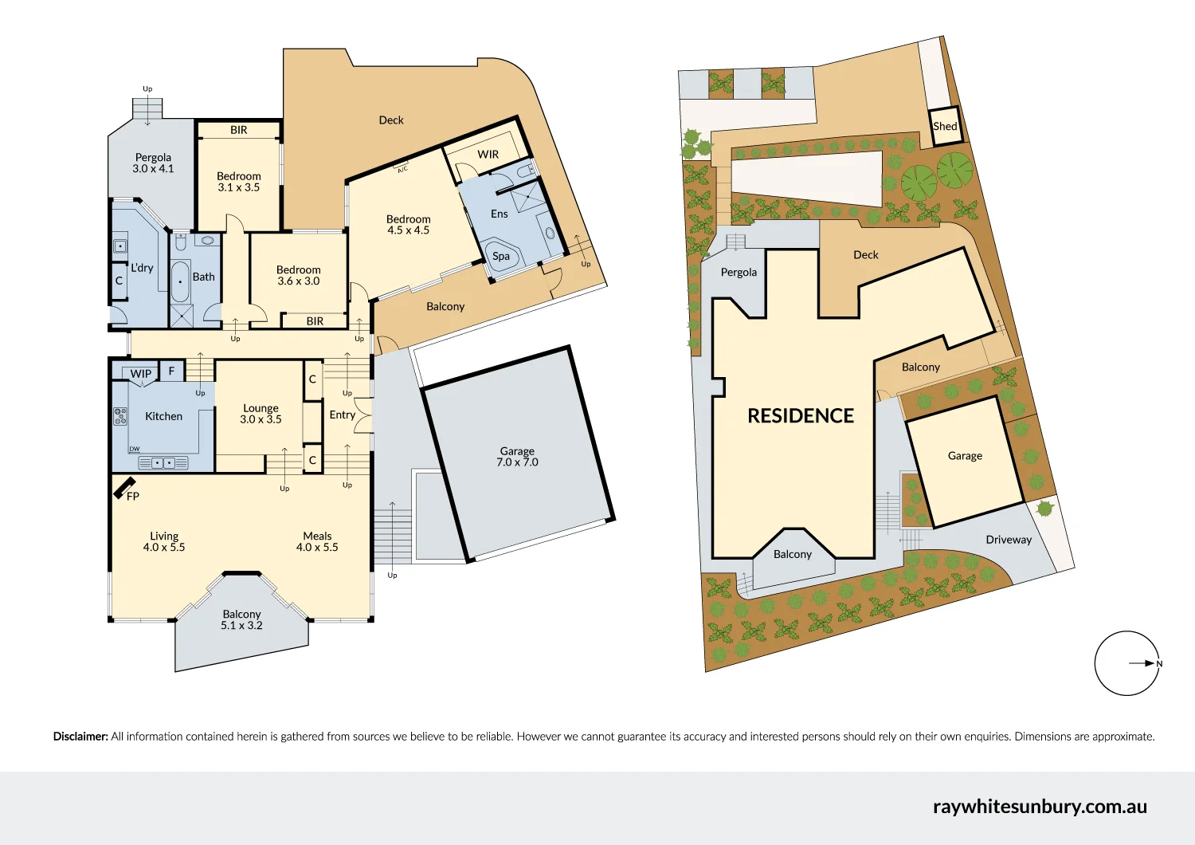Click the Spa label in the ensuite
tap(501, 256)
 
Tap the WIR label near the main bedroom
tap(488, 155)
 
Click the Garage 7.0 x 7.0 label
tap(517, 457)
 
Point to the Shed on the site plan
tap(946, 126)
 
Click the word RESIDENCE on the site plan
tap(800, 416)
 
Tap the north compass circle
tap(1126, 663)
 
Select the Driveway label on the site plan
tap(1009, 540)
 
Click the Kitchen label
tap(163, 416)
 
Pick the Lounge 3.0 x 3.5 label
tap(261, 414)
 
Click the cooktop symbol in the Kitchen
tap(120, 416)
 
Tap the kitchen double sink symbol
tap(163, 463)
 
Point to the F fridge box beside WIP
tap(171, 371)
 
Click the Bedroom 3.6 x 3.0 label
tap(299, 276)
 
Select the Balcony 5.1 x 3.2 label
tap(241, 619)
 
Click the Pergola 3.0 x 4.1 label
tap(153, 163)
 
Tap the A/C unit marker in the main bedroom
tap(402, 168)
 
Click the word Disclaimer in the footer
tap(80, 737)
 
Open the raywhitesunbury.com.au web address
tap(1040, 807)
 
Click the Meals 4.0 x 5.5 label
tap(317, 542)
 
